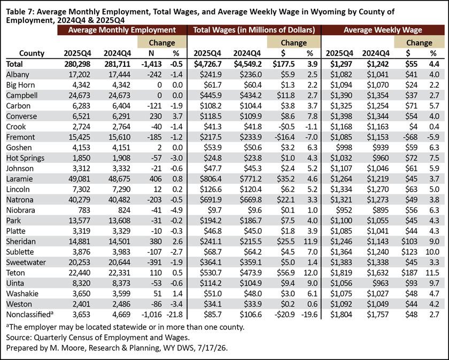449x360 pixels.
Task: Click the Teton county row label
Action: (16, 273)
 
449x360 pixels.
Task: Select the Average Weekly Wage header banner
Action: (383, 30)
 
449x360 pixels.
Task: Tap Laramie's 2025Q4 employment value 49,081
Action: (79, 179)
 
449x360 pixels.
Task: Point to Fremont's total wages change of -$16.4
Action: (284, 137)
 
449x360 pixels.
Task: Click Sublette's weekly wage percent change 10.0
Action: (432, 252)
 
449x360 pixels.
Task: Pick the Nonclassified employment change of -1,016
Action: (151, 315)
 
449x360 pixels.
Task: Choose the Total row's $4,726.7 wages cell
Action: (207, 64)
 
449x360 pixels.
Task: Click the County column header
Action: (32, 53)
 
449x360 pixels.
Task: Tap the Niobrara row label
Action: (21, 210)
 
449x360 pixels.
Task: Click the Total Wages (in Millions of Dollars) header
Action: (254, 30)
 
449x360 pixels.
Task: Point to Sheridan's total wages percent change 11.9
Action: (311, 241)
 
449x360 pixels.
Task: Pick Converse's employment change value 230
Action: (156, 116)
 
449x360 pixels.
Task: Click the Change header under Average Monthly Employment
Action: (162, 43)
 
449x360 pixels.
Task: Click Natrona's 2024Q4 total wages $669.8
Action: (251, 200)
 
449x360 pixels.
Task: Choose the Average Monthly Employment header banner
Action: (122, 30)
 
